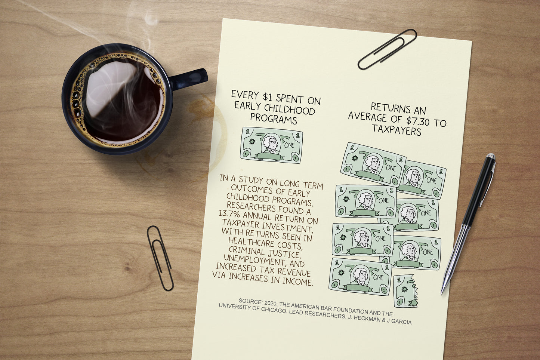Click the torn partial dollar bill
point(406,291)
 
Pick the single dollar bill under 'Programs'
point(271,145)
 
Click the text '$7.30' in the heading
point(417,121)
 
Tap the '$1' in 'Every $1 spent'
point(268,97)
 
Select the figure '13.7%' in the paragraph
point(229,213)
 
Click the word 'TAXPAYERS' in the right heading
point(396,130)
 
